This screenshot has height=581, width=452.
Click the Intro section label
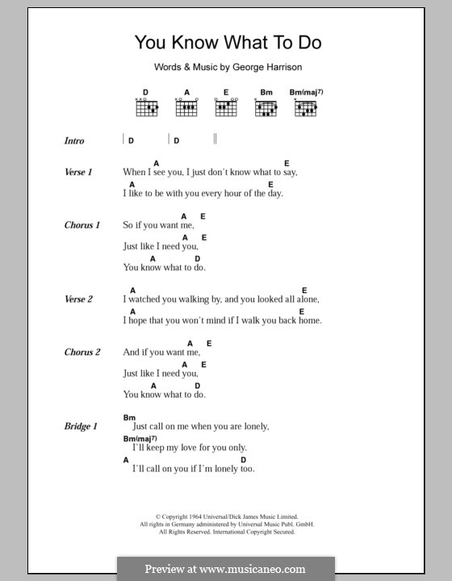pos(74,140)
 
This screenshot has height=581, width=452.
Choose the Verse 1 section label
pos(79,172)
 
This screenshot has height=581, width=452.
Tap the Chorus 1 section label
pos(82,225)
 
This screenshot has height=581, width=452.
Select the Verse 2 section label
pos(79,299)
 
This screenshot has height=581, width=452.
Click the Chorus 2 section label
pos(82,353)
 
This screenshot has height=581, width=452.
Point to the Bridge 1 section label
pos(81,426)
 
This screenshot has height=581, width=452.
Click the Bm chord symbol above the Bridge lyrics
pos(129,416)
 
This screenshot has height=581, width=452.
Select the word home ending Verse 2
pos(311,320)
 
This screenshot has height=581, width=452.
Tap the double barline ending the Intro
pos(215,140)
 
